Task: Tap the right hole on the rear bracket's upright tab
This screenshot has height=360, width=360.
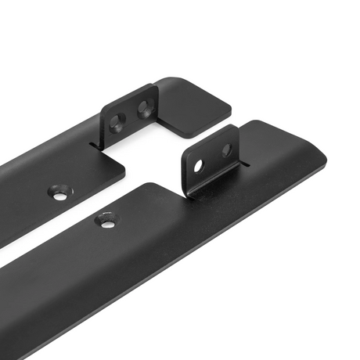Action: [143, 108]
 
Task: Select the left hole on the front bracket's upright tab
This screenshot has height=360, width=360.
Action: [199, 164]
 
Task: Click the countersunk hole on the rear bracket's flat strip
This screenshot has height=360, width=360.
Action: [59, 193]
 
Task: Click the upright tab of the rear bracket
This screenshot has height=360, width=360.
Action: [130, 113]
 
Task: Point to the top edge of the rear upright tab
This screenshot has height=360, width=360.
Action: [129, 95]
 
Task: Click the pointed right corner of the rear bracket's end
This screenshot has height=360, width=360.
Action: [232, 110]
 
